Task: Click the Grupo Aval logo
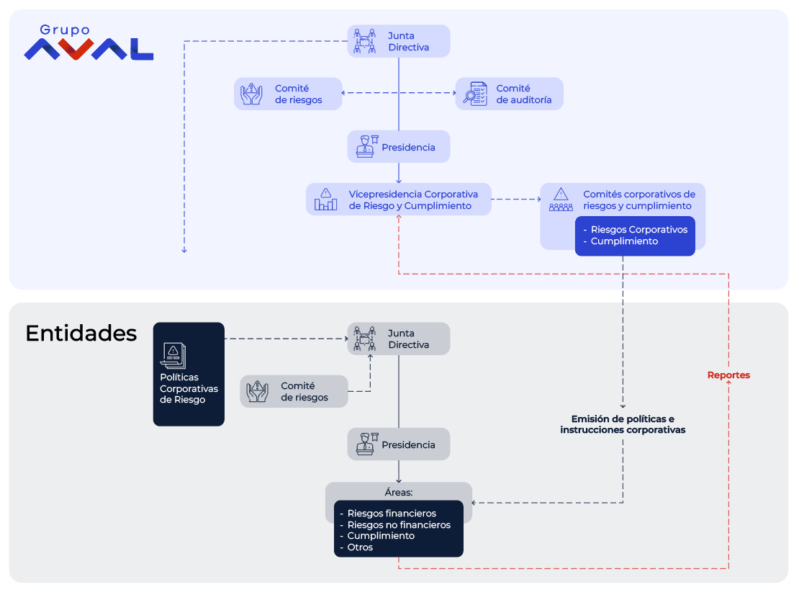[x=89, y=42]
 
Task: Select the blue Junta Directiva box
[x=399, y=41]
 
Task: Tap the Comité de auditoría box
[x=509, y=94]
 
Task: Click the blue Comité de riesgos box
[x=288, y=94]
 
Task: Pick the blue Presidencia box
[x=399, y=147]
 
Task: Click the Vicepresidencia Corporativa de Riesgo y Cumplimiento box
[x=399, y=200]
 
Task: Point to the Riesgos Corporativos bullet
[x=636, y=230]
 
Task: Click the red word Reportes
[x=728, y=375]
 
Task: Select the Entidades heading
[x=81, y=334]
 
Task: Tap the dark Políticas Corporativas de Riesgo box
[x=189, y=375]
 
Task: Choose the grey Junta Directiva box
[x=399, y=339]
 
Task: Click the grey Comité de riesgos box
[x=294, y=392]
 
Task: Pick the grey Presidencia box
[x=399, y=444]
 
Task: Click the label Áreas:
[x=399, y=493]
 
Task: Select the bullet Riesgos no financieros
[x=395, y=524]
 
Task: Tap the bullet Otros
[x=356, y=547]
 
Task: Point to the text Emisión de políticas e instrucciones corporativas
[x=623, y=424]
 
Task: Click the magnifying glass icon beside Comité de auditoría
[x=475, y=94]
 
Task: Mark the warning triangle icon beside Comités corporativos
[x=561, y=194]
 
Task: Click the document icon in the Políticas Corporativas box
[x=173, y=355]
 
